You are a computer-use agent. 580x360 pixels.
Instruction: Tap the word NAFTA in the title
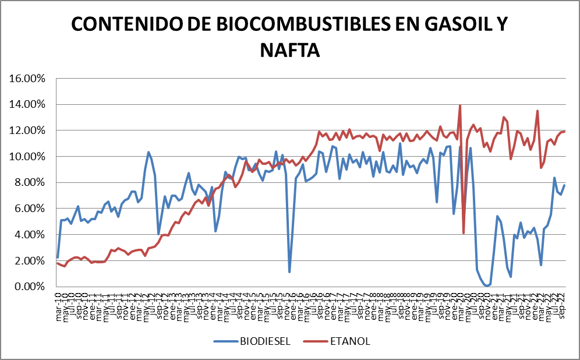289,50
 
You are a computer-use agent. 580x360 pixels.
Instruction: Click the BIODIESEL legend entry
266,341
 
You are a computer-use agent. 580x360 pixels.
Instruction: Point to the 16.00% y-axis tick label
29,78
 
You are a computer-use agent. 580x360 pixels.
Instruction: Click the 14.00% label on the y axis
29,104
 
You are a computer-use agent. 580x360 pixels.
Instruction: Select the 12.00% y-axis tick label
29,130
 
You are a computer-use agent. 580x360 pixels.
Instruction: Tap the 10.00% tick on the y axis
29,156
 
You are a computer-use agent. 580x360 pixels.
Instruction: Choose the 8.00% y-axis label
31,182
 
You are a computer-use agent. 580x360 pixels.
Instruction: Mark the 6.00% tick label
31,209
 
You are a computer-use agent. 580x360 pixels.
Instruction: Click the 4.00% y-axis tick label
31,234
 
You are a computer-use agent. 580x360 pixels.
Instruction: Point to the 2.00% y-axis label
31,260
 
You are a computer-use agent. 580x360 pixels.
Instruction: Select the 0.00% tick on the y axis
31,287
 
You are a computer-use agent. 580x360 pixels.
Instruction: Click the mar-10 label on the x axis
58,301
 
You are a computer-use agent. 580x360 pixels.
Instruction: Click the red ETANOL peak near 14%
460,106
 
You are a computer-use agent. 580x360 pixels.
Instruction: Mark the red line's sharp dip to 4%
464,233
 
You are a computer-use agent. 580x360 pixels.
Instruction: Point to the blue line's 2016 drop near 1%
289,271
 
